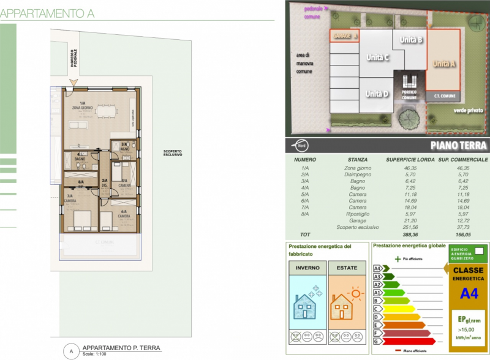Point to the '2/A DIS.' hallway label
(x=105, y=182)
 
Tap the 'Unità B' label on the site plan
(x=411, y=40)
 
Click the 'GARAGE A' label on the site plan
(x=344, y=36)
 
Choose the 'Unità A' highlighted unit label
(x=445, y=63)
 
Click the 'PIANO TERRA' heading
(x=458, y=146)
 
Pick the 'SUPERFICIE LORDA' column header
(x=410, y=159)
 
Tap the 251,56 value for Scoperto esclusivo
(x=410, y=227)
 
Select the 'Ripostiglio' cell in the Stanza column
(x=357, y=214)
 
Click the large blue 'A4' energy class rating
(x=469, y=294)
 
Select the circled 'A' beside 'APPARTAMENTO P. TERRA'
(x=71, y=351)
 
